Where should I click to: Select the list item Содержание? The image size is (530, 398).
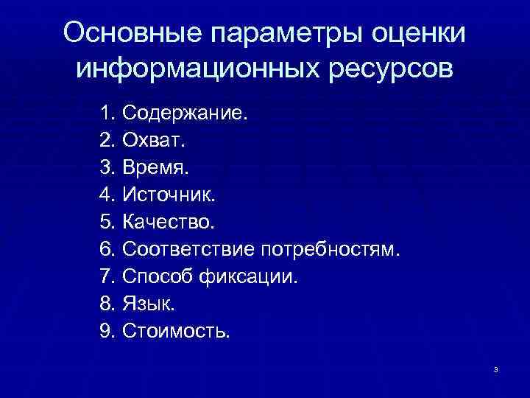point(185,114)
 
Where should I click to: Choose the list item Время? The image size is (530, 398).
point(155,168)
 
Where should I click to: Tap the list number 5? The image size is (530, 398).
point(107,222)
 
